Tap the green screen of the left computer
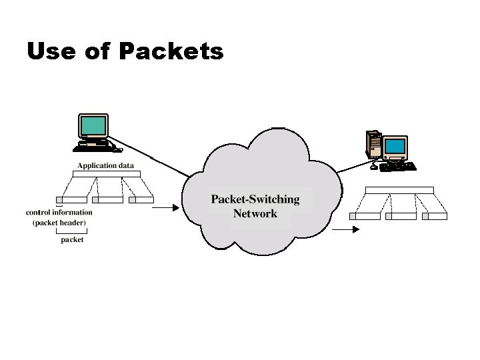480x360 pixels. pyautogui.click(x=93, y=125)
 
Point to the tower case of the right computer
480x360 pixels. pyautogui.click(x=374, y=143)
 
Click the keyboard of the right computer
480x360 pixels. pyautogui.click(x=398, y=167)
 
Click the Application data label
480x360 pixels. pyautogui.click(x=105, y=165)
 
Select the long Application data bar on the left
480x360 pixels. pyautogui.click(x=106, y=174)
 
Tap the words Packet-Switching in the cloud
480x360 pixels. pyautogui.click(x=255, y=199)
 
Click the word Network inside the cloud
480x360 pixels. pyautogui.click(x=255, y=214)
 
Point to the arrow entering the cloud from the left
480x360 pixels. pyautogui.click(x=167, y=207)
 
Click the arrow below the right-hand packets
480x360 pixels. pyautogui.click(x=345, y=229)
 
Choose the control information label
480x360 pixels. pyautogui.click(x=59, y=213)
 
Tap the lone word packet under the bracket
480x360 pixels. pyautogui.click(x=72, y=239)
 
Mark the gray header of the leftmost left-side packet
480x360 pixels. pyautogui.click(x=59, y=199)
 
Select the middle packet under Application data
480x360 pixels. pyautogui.click(x=107, y=199)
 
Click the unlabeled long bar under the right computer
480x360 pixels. pyautogui.click(x=399, y=190)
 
